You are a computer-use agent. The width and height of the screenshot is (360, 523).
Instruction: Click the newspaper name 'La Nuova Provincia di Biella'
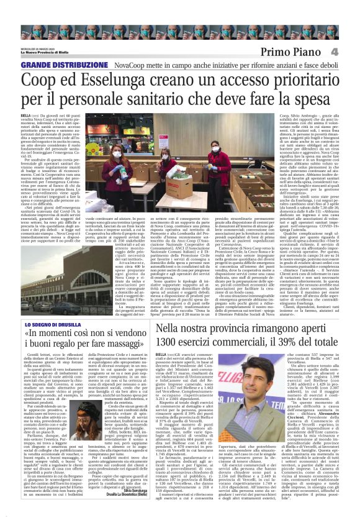coord(46,52)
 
